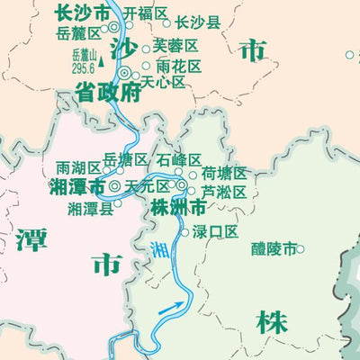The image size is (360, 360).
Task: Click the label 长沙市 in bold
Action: click(83, 13)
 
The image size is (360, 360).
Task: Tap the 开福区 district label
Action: click(146, 13)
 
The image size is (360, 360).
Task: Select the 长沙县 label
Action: click(197, 22)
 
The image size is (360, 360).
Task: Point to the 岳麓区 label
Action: click(78, 33)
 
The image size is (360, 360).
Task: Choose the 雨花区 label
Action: click(178, 66)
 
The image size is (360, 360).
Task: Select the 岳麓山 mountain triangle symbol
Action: click(102, 63)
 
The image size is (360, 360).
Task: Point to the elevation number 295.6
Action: click(83, 67)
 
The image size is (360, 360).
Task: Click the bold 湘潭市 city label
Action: click(77, 186)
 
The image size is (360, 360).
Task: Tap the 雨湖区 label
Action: click(77, 167)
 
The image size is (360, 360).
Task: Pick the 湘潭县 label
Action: click(90, 207)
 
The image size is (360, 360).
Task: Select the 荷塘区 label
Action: click(224, 173)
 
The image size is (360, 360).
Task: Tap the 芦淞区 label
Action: click(223, 191)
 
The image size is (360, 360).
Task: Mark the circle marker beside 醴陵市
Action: click(301, 249)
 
